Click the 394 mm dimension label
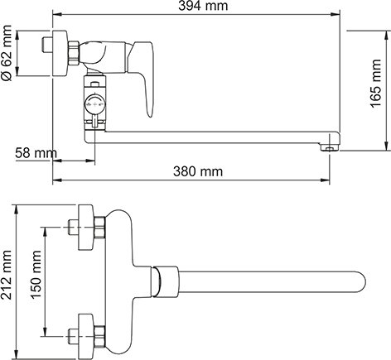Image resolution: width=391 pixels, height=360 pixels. pos(195,7)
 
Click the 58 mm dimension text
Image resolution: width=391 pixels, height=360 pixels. pos(34,154)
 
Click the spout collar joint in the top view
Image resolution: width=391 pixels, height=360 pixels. pos(167,284)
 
